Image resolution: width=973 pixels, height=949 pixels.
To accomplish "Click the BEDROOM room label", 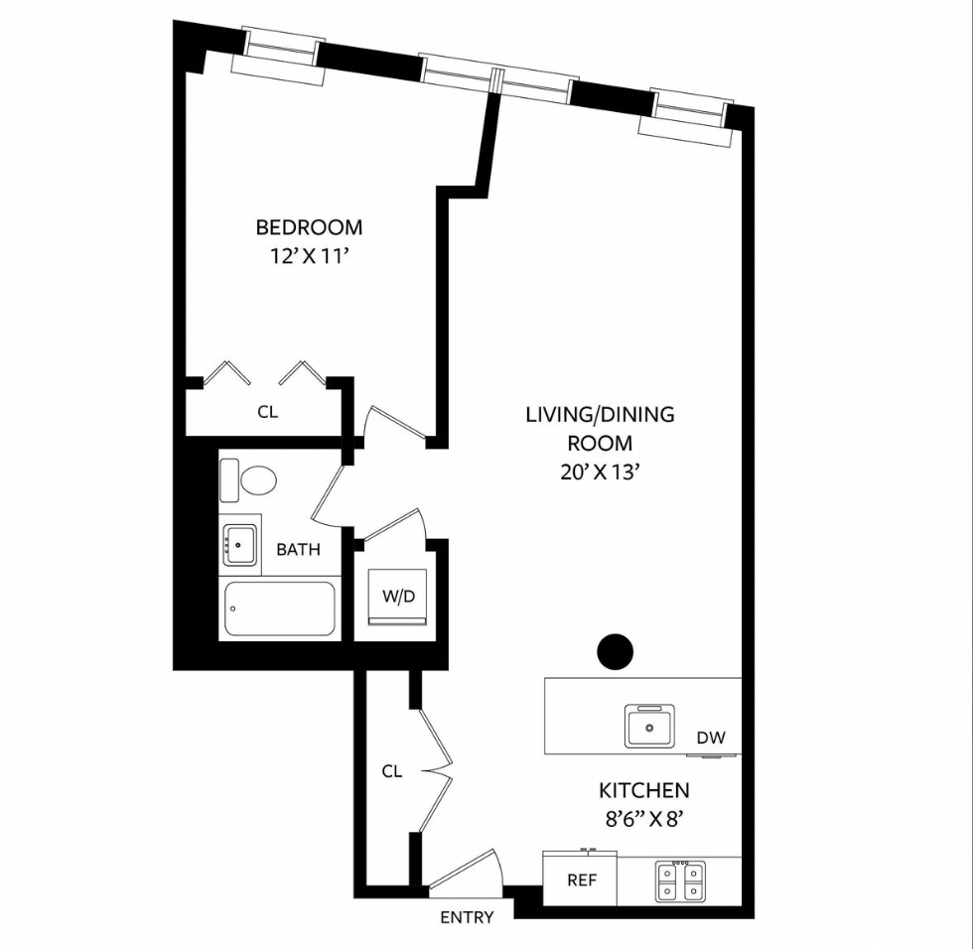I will click(309, 227).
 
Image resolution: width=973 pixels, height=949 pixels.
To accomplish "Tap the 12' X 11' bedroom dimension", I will click(309, 256).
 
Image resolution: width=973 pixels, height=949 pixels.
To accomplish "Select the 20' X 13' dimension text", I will click(599, 473).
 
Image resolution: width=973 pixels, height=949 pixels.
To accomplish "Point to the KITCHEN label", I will click(643, 791).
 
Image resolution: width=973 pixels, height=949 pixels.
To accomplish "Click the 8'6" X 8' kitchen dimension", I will click(643, 820).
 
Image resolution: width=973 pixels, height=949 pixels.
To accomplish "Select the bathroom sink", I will click(240, 545).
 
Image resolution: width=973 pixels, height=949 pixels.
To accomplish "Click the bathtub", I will click(280, 609).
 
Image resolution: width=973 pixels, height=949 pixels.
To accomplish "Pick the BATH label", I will click(298, 549).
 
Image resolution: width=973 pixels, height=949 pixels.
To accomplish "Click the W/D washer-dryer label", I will click(399, 597).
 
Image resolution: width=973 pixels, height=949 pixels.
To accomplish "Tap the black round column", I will click(615, 651).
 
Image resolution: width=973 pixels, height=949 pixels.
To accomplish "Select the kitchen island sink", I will click(650, 726).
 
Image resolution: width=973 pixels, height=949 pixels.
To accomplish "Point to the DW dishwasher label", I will click(711, 738).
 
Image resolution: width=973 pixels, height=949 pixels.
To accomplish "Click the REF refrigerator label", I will click(581, 881).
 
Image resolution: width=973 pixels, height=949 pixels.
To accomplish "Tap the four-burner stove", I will click(680, 881).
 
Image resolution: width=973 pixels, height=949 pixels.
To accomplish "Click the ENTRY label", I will click(467, 917).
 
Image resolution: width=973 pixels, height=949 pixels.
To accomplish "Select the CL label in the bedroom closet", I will click(267, 412).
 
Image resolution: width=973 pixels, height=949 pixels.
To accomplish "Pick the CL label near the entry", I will click(392, 771).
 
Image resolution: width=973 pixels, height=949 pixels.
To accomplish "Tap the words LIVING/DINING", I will click(599, 415).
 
